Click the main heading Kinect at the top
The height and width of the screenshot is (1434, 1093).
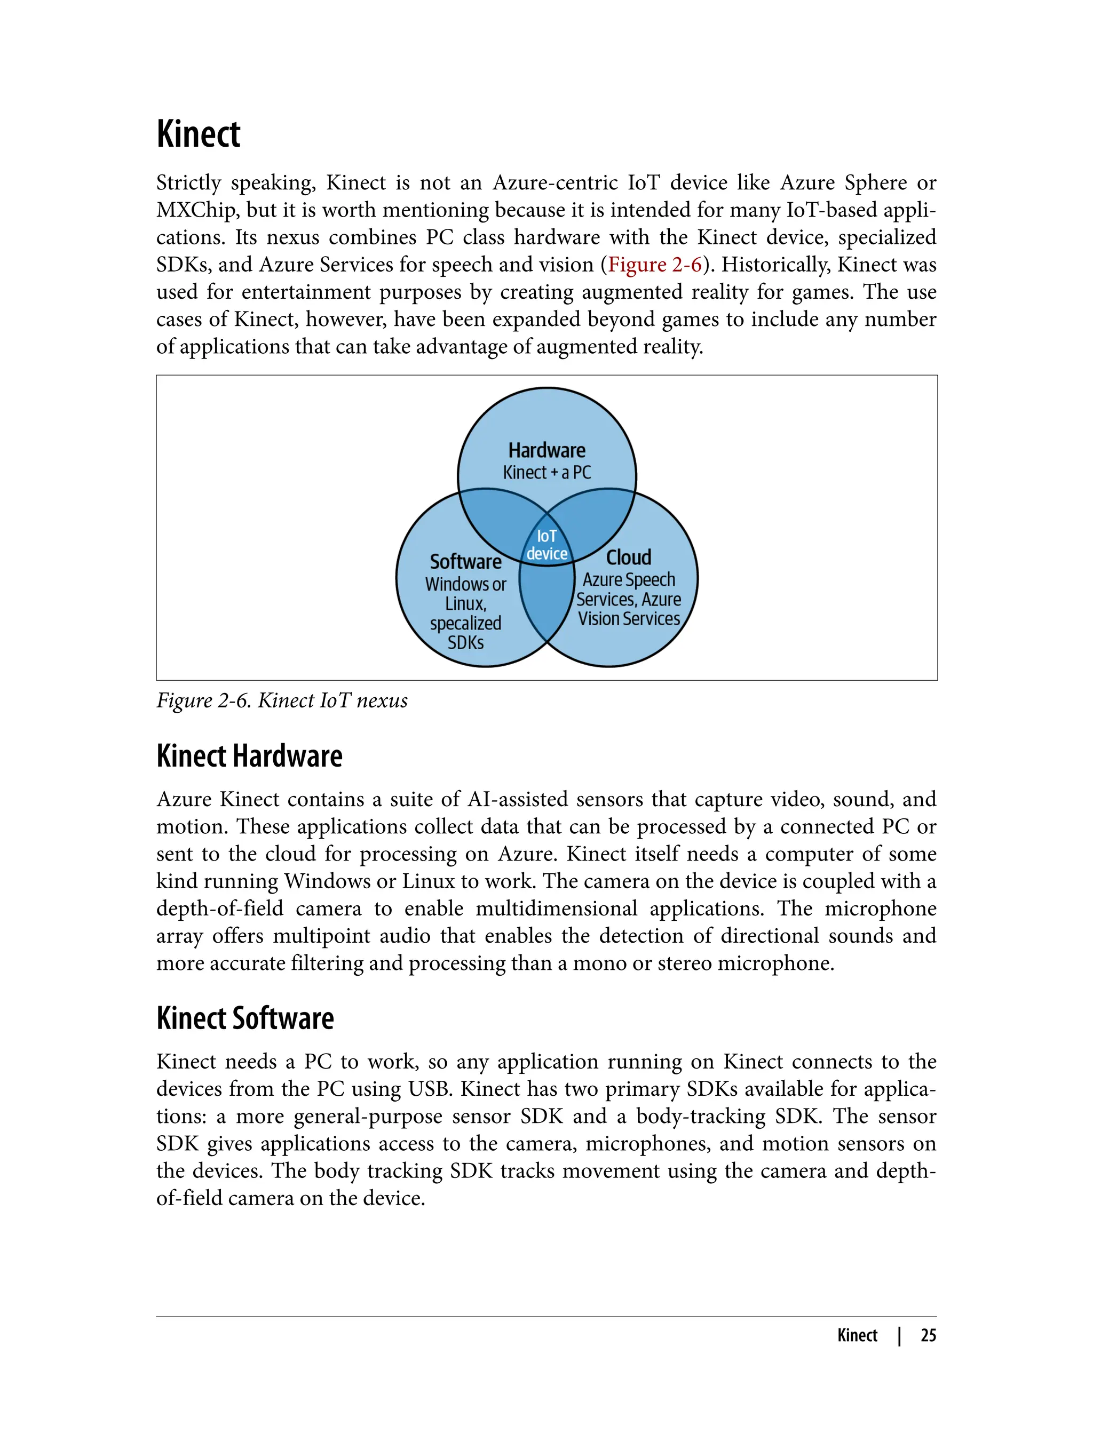(x=199, y=134)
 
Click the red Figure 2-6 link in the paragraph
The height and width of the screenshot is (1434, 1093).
(x=654, y=265)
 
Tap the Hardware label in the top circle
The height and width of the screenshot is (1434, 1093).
(x=546, y=450)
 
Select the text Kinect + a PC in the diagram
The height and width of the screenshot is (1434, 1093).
(x=546, y=472)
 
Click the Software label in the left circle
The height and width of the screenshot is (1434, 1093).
(x=466, y=561)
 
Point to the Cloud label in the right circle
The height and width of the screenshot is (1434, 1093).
(x=629, y=557)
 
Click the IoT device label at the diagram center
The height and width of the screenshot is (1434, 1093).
(x=546, y=545)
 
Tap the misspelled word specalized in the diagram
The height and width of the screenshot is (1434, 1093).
(x=466, y=623)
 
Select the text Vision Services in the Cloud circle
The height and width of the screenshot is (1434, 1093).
(x=629, y=618)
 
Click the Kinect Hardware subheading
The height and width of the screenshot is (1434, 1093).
(x=249, y=756)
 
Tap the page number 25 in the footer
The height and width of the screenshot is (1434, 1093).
(x=928, y=1335)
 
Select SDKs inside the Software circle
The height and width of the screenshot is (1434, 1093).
(x=466, y=642)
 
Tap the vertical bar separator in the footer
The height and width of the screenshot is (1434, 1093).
(x=899, y=1335)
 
